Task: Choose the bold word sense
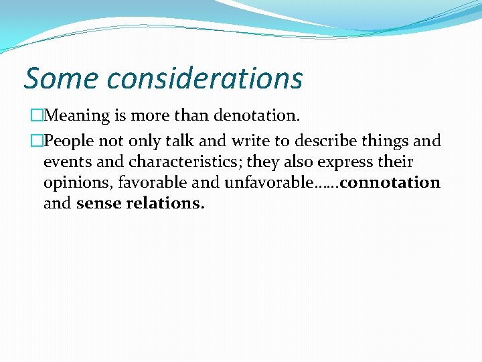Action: click(x=100, y=203)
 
